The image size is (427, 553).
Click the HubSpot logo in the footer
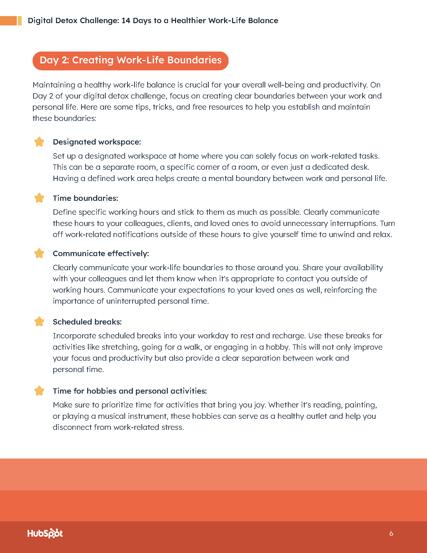[45, 533]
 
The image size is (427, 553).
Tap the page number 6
[391, 534]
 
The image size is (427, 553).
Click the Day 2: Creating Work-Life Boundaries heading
[131, 60]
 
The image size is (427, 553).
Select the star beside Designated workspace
[39, 142]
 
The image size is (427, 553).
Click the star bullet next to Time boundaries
[39, 198]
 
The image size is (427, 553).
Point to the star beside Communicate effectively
[39, 253]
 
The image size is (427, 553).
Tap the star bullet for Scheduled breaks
[39, 322]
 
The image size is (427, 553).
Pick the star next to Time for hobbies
[39, 391]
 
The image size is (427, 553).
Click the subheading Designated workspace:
[97, 142]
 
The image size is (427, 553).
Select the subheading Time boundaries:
[85, 198]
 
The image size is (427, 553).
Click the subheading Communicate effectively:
[101, 254]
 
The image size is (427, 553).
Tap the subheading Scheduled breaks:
[87, 322]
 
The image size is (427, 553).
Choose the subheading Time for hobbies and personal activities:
[130, 391]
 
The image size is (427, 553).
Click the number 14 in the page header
[126, 21]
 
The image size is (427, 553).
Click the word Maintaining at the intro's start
[54, 85]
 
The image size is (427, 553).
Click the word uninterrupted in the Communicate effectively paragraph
[131, 301]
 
